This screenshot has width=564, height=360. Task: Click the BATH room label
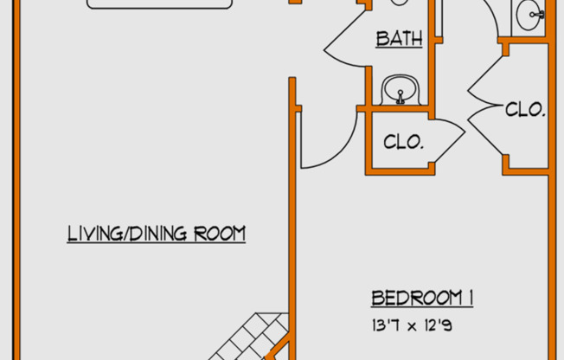pos(400,39)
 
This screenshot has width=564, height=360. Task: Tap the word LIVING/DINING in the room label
pos(127,234)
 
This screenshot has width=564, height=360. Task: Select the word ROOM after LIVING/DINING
pos(220,234)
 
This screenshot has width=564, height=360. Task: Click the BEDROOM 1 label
pos(422,298)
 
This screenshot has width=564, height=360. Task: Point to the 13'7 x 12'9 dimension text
pos(413,325)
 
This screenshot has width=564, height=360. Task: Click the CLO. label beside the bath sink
pos(404,142)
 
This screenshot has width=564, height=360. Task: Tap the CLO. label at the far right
pos(525,109)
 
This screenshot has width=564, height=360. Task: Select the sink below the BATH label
pos(401,90)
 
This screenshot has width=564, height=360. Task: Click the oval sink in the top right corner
pos(529,15)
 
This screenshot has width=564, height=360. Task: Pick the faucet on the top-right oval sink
pos(537,15)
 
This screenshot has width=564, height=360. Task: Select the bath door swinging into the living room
pos(345,39)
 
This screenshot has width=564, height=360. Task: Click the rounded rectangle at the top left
pos(160,3)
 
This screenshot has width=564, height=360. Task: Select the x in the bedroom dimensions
pos(413,327)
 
